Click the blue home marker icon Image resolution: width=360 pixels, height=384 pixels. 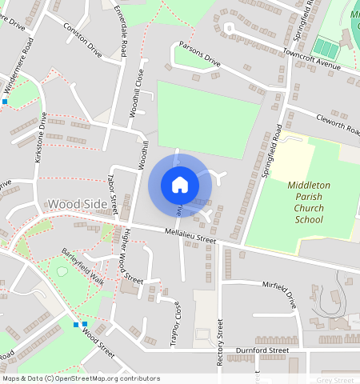coord(180,185)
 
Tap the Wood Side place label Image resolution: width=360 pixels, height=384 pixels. coord(78,204)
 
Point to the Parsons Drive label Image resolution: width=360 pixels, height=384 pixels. coord(199,54)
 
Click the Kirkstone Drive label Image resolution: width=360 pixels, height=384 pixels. coord(40,138)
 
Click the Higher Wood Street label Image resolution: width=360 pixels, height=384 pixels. coord(130,258)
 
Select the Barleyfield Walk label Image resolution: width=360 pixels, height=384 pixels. coord(83,267)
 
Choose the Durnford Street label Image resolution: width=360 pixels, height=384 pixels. coord(262,350)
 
